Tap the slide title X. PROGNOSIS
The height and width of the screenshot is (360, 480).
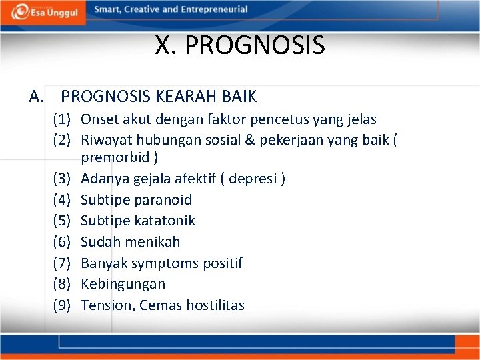pyautogui.click(x=240, y=46)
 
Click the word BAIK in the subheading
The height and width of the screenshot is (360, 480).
pyautogui.click(x=239, y=97)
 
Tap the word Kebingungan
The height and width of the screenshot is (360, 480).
pyautogui.click(x=123, y=284)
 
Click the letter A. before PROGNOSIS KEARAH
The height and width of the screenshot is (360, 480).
pyautogui.click(x=37, y=97)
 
